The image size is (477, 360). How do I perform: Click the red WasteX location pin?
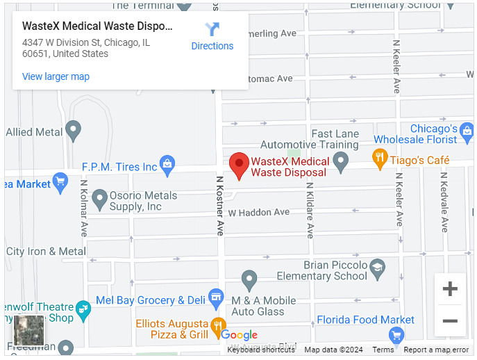tap(240, 165)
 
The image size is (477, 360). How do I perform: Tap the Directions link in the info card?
tap(212, 37)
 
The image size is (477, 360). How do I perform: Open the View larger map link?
tap(56, 76)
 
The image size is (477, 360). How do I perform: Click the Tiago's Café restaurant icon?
tap(379, 159)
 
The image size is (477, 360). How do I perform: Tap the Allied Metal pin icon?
tap(73, 130)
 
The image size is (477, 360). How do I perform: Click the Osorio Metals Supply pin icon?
tap(99, 199)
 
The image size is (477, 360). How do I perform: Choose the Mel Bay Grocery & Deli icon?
tap(216, 299)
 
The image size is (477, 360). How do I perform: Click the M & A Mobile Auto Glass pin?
tap(249, 280)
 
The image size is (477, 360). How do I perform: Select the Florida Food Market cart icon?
tap(396, 336)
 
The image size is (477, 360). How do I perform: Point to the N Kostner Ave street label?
tap(219, 205)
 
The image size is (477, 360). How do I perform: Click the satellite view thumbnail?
tap(29, 330)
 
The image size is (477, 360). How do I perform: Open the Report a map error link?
tap(436, 350)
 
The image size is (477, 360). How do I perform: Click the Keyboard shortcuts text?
tap(261, 350)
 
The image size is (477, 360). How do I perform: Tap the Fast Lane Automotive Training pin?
tap(340, 163)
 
